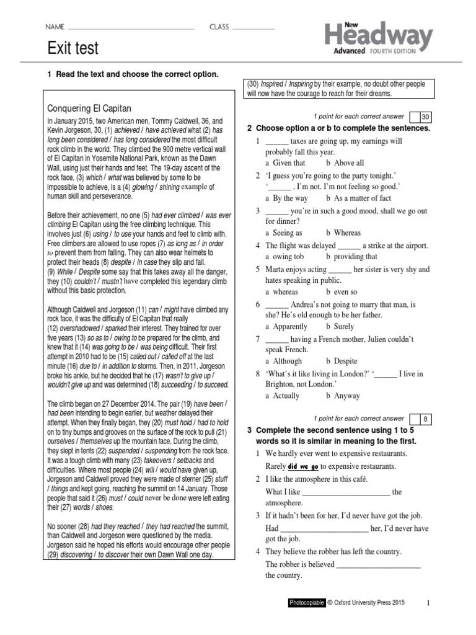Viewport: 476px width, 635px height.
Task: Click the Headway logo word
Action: pyautogui.click(x=378, y=35)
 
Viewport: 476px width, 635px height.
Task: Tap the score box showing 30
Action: pyautogui.click(x=425, y=117)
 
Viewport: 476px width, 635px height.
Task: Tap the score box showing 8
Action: pyautogui.click(x=425, y=419)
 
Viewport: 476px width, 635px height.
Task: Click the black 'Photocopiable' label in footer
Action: pyautogui.click(x=306, y=602)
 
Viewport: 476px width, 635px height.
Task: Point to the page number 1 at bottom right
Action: pyautogui.click(x=427, y=602)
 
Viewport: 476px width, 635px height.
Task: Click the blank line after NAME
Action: pyautogui.click(x=132, y=27)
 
